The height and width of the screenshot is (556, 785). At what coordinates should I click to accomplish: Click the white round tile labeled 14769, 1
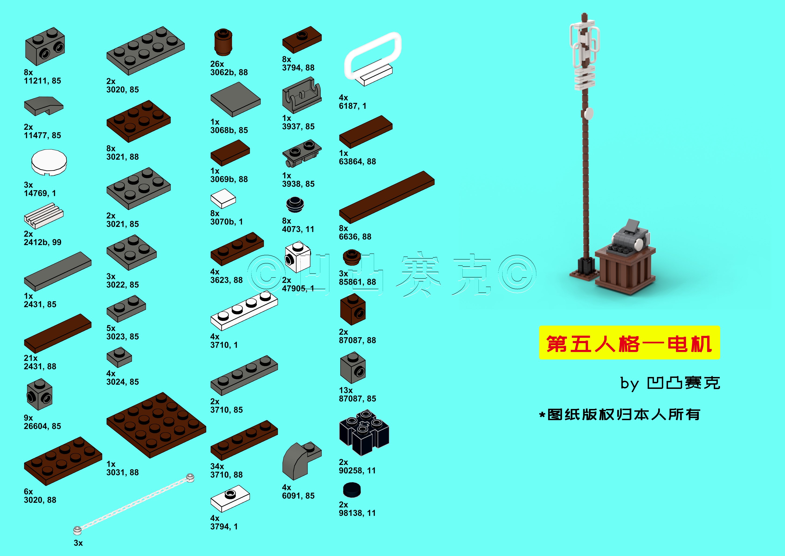coord(49,162)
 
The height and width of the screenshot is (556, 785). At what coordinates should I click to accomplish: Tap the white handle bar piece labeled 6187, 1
coord(373,59)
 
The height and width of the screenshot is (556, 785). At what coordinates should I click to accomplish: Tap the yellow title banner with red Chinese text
coord(630,343)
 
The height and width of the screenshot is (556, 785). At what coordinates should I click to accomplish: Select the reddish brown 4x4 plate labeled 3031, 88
coord(156,425)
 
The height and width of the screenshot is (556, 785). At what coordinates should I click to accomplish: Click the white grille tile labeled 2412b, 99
coord(44,216)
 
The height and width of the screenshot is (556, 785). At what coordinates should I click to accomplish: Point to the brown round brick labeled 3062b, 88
coord(223,42)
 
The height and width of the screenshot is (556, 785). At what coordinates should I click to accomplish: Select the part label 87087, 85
coord(357,398)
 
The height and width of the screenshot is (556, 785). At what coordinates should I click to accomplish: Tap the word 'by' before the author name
coord(630,384)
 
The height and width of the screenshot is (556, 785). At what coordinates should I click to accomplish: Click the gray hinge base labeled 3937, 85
coord(302,95)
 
